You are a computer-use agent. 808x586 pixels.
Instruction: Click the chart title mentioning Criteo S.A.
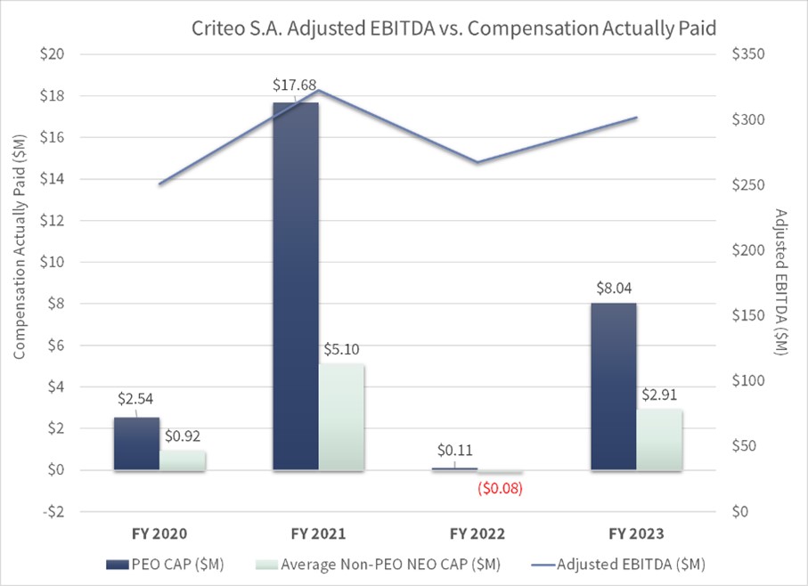(x=454, y=28)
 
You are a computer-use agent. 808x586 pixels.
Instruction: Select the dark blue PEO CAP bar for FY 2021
(x=296, y=285)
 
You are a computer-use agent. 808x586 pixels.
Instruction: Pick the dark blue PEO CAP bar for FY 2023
(x=613, y=386)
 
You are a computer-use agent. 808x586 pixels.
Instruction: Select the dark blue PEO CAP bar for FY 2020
(x=136, y=443)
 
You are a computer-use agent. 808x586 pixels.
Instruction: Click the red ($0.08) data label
(x=500, y=488)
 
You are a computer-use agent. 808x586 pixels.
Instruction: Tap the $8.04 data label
(x=613, y=289)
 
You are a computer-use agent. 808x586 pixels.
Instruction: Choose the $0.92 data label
(x=184, y=436)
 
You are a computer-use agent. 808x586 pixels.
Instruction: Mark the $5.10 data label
(x=342, y=349)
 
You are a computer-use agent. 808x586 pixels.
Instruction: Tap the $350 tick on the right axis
(x=747, y=54)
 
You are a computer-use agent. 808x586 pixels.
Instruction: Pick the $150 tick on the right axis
(x=747, y=316)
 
